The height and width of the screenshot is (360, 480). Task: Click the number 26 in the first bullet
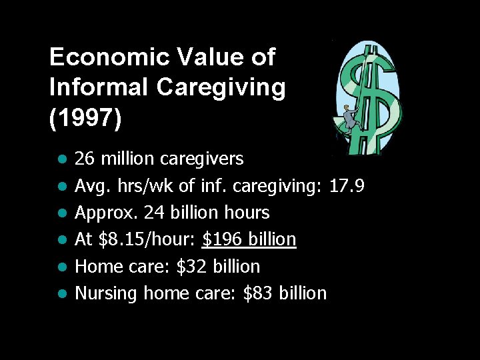(84, 159)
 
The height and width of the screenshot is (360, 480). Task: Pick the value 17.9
(347, 186)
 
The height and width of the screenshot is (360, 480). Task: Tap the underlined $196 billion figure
(249, 239)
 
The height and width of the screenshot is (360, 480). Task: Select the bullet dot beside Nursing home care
(61, 293)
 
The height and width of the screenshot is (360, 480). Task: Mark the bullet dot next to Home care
(61, 267)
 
